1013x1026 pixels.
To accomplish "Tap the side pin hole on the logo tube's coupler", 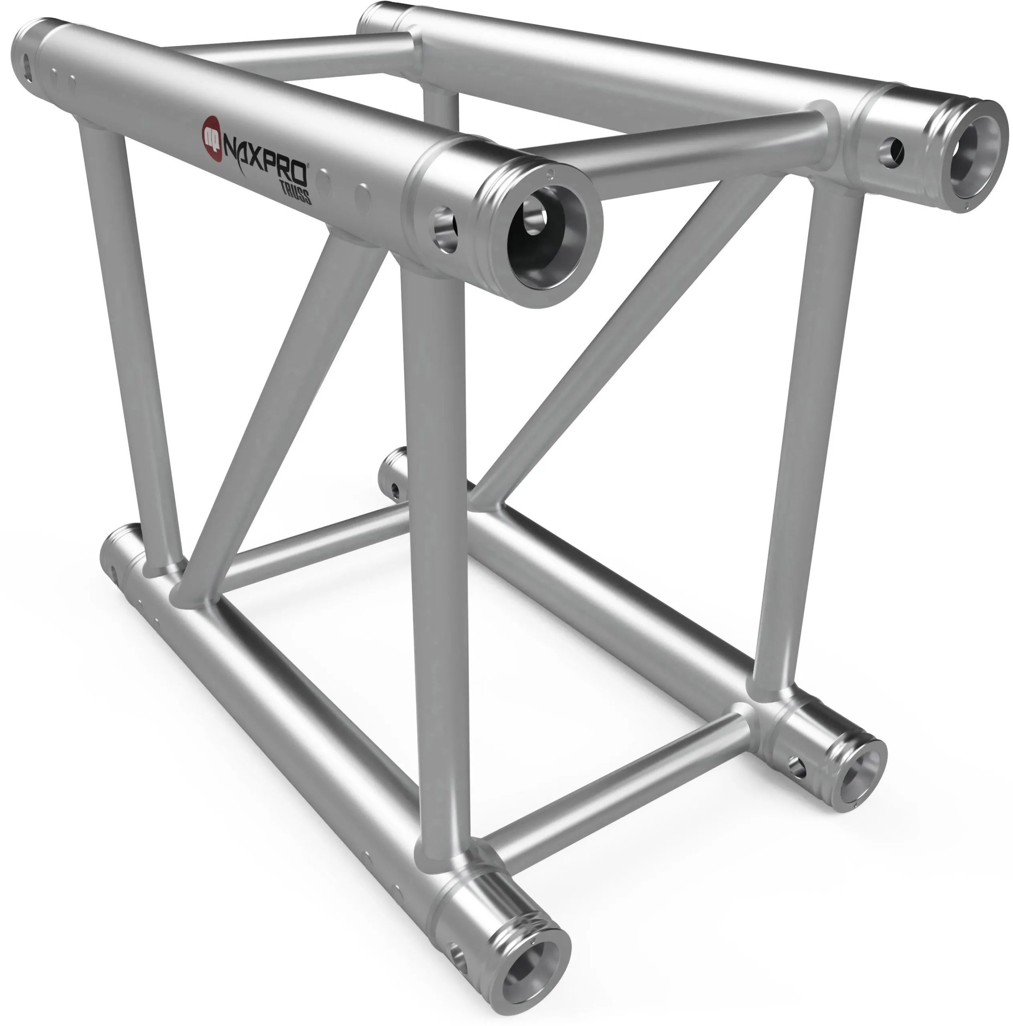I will [x=445, y=228].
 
